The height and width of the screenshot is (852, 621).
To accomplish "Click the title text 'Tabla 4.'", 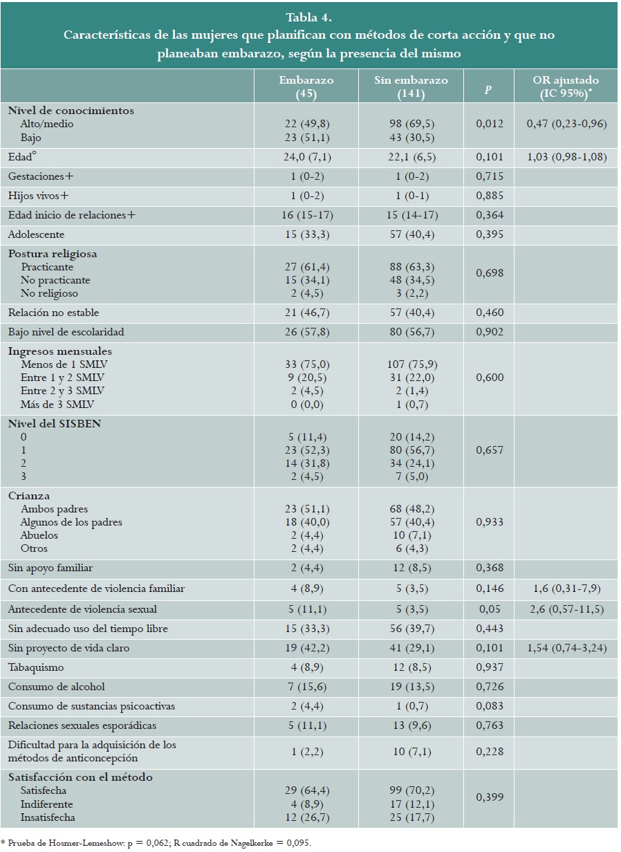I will click(x=310, y=16).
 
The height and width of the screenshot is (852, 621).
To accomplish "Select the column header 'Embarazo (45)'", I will click(x=306, y=86).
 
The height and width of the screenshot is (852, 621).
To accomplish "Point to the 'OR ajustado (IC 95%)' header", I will click(x=566, y=86).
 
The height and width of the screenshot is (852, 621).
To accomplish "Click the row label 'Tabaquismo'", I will click(x=36, y=667).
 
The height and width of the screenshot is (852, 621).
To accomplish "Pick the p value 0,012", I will click(x=490, y=124).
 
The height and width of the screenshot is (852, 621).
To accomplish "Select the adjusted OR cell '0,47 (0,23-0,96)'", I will click(x=566, y=124).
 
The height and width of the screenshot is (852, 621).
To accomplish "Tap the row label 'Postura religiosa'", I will click(x=53, y=254).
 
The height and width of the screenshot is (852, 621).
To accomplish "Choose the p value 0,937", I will click(x=490, y=667).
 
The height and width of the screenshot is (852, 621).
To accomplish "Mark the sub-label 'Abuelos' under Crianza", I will click(x=39, y=535).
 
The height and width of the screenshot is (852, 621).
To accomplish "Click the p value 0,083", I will click(x=490, y=706).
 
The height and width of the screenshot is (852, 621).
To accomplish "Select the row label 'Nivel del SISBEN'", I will click(x=55, y=423).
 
